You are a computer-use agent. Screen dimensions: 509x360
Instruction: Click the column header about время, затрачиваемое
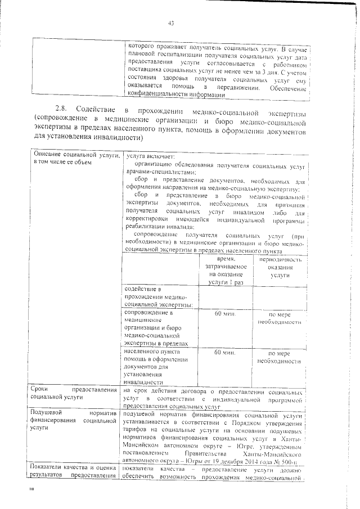224,271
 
